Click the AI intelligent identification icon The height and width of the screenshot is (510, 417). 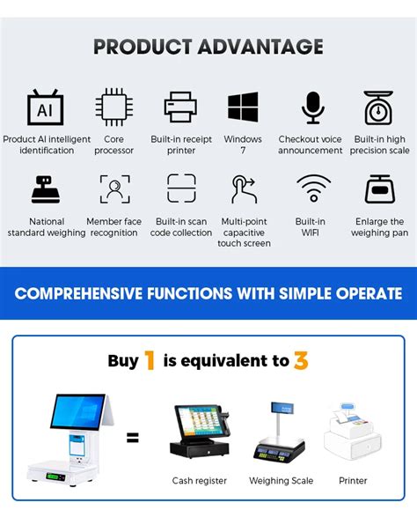[46, 107]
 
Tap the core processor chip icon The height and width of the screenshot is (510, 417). [114, 107]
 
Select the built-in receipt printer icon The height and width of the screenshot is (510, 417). [181, 107]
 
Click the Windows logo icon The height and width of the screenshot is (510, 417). [243, 107]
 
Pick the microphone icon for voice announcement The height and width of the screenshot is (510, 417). [312, 107]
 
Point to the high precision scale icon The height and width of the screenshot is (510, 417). [379, 107]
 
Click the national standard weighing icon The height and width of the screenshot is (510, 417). [46, 188]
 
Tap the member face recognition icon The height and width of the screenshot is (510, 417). [114, 188]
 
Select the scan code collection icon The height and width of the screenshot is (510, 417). [181, 188]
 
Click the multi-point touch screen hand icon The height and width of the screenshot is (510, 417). [245, 188]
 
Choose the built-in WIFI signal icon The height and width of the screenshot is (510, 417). [312, 188]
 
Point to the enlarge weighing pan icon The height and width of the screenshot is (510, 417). [379, 188]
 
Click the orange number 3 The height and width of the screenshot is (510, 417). [301, 359]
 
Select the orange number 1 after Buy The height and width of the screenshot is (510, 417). [150, 359]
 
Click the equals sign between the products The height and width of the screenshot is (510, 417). [133, 438]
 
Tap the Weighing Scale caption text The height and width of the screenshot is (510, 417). [282, 481]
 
